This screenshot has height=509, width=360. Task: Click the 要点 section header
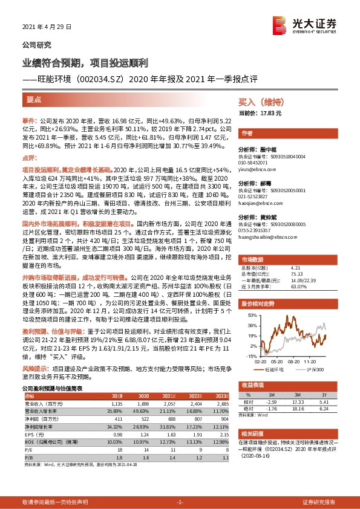34,99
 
